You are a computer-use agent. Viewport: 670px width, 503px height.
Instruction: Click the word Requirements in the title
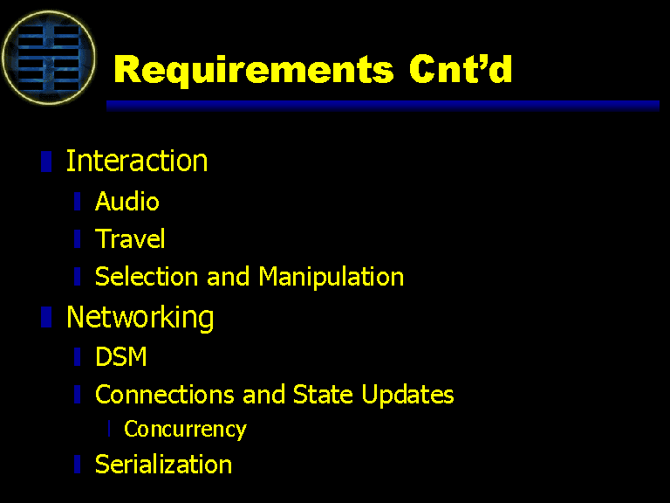point(253,70)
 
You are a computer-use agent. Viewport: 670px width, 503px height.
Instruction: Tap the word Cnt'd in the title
point(461,68)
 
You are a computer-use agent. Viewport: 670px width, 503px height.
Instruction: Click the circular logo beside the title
point(48,58)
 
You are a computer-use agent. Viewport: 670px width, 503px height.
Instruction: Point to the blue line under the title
point(383,106)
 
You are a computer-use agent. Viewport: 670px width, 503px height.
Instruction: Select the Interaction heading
point(137,161)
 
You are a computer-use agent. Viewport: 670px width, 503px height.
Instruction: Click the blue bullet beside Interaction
point(46,162)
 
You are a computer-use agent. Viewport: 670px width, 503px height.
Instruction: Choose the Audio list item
point(126,201)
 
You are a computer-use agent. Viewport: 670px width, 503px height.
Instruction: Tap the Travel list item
point(130,238)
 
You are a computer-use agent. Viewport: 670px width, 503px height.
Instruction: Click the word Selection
point(147,276)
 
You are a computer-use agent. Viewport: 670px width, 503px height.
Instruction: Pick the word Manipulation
point(332,277)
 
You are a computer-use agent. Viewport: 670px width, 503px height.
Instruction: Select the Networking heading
point(140,317)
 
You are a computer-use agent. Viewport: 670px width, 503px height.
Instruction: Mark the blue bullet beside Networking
point(46,317)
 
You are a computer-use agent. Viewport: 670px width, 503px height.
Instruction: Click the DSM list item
point(121,356)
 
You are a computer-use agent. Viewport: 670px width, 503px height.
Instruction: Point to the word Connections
point(165,394)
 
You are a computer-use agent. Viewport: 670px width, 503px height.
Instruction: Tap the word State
point(323,394)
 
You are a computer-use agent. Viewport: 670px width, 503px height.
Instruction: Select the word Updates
point(407,395)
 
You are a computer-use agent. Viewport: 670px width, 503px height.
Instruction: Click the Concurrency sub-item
point(185,429)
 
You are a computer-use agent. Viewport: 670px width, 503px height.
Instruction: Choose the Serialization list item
point(163,464)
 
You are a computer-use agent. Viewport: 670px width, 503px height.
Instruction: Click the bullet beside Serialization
point(78,464)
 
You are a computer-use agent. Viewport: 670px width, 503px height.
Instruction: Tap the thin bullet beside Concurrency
point(109,429)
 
